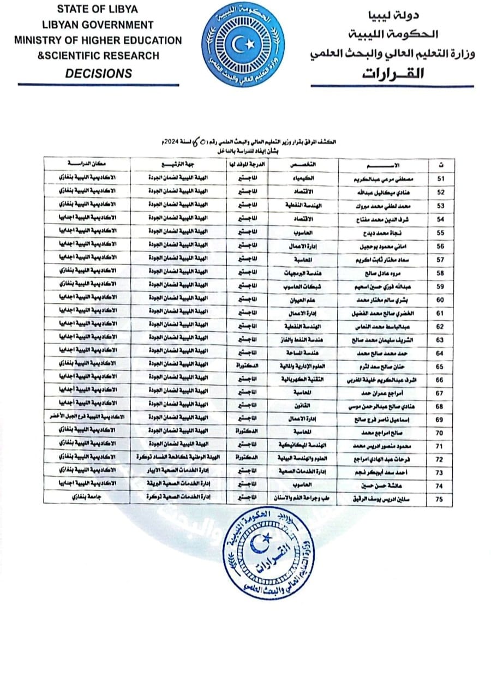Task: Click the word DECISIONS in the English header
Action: [98, 73]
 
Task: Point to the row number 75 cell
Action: [441, 499]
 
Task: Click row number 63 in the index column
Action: [441, 339]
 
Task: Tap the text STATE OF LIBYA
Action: [98, 9]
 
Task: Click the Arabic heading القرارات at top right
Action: [392, 73]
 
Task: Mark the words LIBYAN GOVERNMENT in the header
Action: [98, 25]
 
